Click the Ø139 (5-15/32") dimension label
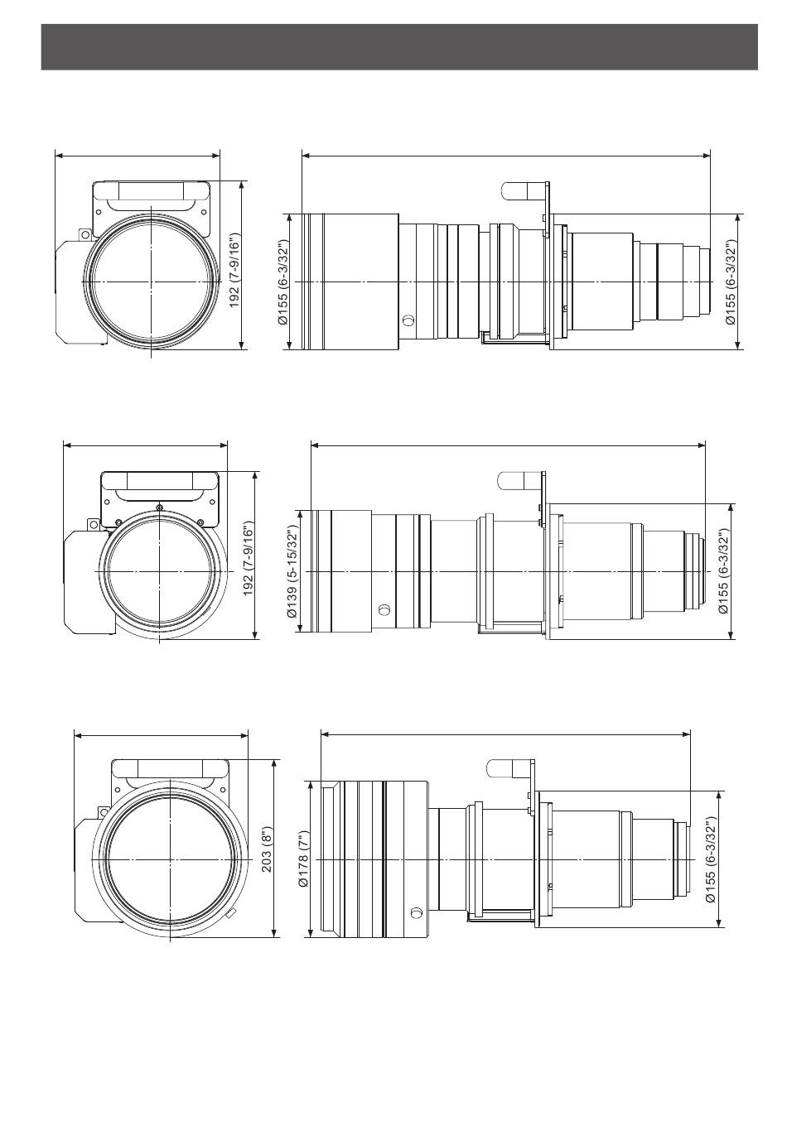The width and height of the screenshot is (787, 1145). click(x=292, y=571)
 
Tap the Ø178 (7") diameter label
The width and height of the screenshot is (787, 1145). click(x=302, y=859)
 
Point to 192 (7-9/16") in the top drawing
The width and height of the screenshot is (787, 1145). click(x=234, y=271)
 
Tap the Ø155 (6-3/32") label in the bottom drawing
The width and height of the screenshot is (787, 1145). click(x=711, y=859)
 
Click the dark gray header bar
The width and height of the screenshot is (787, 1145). click(x=398, y=46)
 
